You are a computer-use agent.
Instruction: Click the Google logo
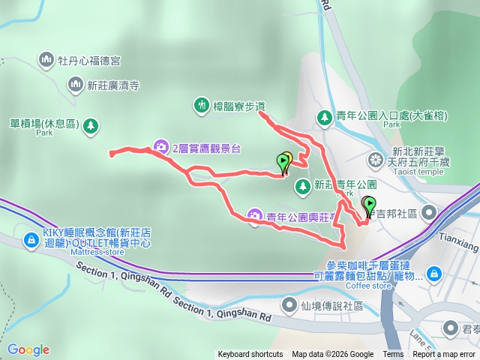[28, 349]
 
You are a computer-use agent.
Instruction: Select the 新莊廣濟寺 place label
[113, 85]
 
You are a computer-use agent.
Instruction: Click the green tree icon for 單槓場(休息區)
[90, 125]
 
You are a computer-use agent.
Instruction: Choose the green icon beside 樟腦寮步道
[201, 106]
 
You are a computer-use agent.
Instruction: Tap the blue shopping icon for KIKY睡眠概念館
[31, 239]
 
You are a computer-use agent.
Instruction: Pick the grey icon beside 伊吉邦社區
[429, 213]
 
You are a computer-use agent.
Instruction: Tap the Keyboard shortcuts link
[250, 355]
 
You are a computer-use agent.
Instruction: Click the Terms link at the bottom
[393, 355]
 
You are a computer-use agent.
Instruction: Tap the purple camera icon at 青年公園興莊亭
[254, 216]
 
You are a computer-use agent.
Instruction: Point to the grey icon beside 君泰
[451, 327]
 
